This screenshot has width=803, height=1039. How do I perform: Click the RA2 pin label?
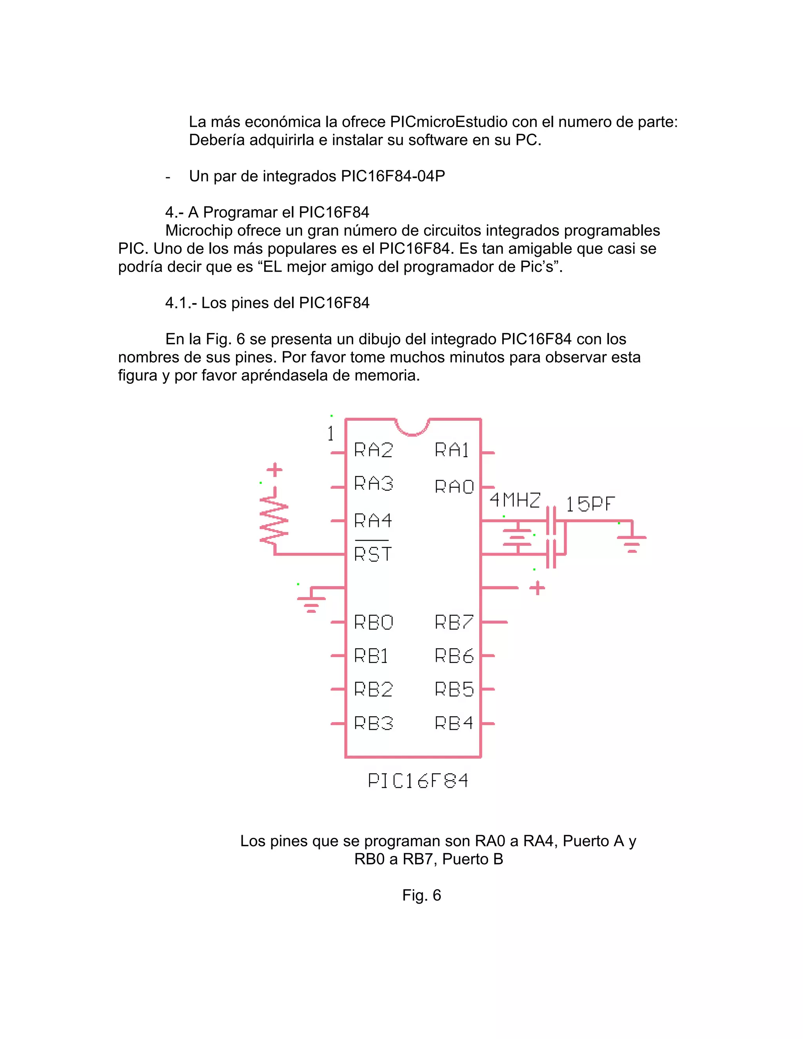click(373, 450)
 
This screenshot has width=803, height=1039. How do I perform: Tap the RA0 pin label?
click(454, 487)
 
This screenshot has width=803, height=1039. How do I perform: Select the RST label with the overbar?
click(372, 553)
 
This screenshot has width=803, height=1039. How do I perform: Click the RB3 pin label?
click(373, 724)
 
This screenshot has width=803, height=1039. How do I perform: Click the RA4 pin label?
click(373, 520)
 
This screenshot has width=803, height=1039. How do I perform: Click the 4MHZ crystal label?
click(515, 500)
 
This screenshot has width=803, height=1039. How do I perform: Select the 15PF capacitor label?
click(590, 504)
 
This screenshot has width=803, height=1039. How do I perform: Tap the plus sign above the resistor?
click(274, 470)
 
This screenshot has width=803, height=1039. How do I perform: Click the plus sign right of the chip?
click(537, 588)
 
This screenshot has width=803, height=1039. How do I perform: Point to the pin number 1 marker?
click(331, 433)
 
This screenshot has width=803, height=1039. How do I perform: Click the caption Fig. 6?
click(421, 896)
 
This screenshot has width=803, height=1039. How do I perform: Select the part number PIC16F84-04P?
click(393, 176)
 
